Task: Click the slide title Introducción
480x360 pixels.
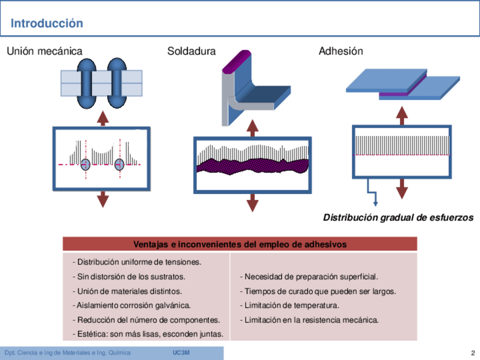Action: point(47,24)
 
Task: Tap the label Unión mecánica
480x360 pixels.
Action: point(44,52)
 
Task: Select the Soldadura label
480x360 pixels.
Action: point(191,52)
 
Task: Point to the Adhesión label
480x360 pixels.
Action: point(341,52)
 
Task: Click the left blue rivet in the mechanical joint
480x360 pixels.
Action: point(84,83)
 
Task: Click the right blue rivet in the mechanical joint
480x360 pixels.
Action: point(117,83)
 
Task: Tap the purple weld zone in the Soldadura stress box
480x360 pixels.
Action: point(252,166)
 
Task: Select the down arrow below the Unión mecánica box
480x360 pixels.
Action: point(102,199)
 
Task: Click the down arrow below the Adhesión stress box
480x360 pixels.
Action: point(402,189)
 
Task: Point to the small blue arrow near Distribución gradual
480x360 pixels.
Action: point(375,201)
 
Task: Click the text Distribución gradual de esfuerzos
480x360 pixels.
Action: point(398,218)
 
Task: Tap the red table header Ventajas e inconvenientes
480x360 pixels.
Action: point(240,245)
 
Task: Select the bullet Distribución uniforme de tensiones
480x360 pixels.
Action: point(138,262)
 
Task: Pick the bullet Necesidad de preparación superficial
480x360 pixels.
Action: point(308,277)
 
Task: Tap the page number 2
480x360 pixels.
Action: point(472,353)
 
